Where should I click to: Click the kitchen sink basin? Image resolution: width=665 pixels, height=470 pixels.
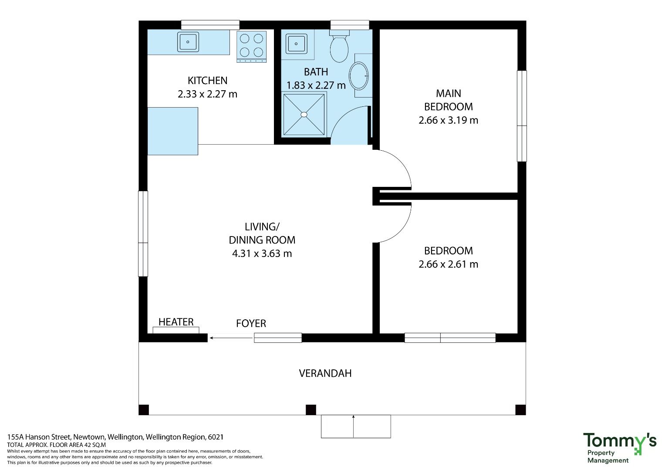(188, 42)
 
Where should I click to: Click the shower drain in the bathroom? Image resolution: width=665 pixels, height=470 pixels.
(304, 114)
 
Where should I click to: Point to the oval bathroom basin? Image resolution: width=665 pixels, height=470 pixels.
(358, 76)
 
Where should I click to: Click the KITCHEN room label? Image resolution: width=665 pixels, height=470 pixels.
(208, 81)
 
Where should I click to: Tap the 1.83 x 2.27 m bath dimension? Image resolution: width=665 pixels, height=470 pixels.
(316, 85)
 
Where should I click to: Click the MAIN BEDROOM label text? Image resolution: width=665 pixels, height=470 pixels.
(448, 100)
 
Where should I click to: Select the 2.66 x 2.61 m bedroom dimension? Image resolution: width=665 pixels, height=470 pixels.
(448, 264)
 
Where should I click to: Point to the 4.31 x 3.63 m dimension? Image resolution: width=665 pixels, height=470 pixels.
(262, 254)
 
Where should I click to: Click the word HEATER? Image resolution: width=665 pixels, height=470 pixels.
(176, 322)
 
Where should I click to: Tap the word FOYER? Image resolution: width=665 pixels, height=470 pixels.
(251, 323)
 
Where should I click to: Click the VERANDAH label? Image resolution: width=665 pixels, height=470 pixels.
(325, 373)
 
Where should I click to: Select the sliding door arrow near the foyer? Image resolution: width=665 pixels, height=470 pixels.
(231, 338)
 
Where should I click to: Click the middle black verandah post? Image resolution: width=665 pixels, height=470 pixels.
(311, 410)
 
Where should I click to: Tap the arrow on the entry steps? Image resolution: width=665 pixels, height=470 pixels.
(353, 426)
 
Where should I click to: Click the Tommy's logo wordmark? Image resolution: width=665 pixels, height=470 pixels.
(620, 442)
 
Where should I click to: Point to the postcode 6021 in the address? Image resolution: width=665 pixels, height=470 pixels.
(216, 437)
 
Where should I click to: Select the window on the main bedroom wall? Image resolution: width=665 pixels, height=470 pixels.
(522, 116)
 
